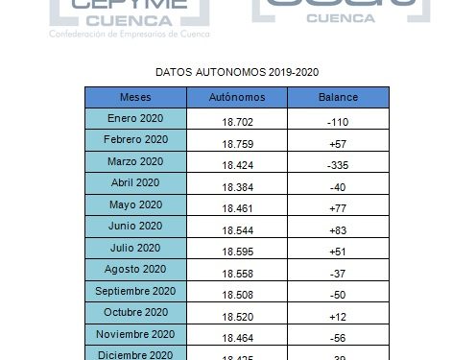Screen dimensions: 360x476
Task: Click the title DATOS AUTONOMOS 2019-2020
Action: click(237, 72)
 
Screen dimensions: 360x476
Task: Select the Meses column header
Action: click(134, 98)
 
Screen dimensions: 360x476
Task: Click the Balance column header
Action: click(337, 98)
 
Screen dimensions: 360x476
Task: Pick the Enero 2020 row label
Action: click(134, 117)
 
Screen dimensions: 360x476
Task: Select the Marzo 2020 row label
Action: click(134, 160)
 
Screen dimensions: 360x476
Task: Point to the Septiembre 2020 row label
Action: click(134, 291)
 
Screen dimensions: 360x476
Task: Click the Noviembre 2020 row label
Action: click(134, 334)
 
